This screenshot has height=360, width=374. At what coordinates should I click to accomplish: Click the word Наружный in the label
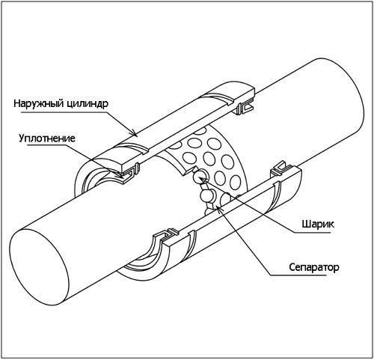(x=38, y=103)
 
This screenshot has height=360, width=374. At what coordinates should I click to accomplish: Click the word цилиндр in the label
(x=88, y=103)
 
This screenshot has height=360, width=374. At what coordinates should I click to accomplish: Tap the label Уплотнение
(x=47, y=138)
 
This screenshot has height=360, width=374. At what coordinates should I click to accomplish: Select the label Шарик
(x=318, y=225)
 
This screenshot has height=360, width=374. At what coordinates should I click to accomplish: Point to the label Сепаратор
(x=314, y=267)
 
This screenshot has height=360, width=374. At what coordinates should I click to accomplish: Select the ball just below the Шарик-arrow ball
(x=206, y=196)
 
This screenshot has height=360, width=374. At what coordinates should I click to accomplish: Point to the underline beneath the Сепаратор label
(x=298, y=275)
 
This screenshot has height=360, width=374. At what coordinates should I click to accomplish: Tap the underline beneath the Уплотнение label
(x=47, y=146)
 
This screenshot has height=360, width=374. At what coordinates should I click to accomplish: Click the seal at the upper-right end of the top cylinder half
(x=245, y=107)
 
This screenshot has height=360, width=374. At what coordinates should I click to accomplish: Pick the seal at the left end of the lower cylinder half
(x=166, y=235)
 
